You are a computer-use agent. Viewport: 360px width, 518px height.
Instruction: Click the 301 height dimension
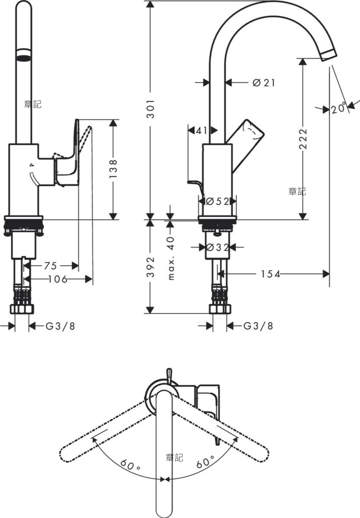[x=151, y=109]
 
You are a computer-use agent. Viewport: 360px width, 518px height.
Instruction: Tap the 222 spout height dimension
[x=303, y=139]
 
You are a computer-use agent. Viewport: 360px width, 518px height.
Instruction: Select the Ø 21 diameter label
[x=264, y=82]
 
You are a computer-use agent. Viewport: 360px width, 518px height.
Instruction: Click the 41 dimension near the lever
[x=202, y=131]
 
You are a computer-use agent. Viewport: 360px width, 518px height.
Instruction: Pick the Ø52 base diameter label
[x=218, y=202]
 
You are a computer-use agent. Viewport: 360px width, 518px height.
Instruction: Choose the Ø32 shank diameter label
[x=218, y=248]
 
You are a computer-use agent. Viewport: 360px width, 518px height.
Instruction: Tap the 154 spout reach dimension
[x=270, y=274]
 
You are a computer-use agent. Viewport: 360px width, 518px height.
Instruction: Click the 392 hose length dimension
[x=151, y=267]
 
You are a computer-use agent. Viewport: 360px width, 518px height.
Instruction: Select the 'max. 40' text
[x=171, y=258]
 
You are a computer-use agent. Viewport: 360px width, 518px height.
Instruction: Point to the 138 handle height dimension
[x=113, y=168]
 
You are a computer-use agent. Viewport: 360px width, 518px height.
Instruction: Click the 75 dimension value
[x=51, y=266]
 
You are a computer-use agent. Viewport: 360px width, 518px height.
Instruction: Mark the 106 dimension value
[x=58, y=279]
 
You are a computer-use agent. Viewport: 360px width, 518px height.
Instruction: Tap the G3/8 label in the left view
[x=60, y=326]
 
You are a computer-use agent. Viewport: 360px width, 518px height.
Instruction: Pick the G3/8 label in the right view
[x=258, y=326]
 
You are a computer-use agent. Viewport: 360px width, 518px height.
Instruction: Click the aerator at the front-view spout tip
[x=24, y=56]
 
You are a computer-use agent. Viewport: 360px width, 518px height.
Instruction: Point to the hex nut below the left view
[x=22, y=309]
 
